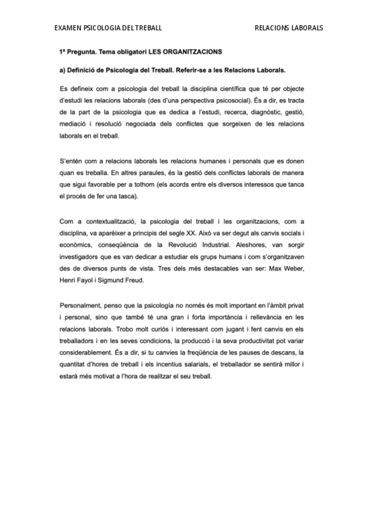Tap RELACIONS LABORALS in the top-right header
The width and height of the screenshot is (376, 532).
pos(289,28)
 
